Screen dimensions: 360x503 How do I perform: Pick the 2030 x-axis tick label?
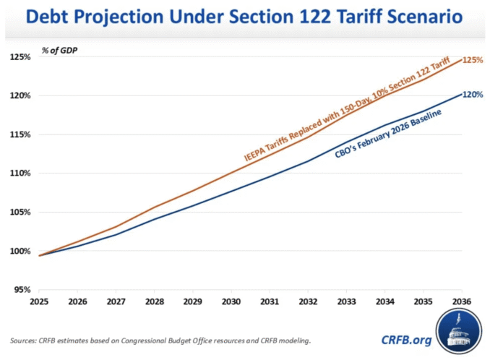[x=231, y=302]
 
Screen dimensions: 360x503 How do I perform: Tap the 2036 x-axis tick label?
[x=462, y=302]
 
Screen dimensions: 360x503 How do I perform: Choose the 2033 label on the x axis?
[x=346, y=302]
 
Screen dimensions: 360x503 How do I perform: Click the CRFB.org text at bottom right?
[x=410, y=340]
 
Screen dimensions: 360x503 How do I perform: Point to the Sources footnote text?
[x=160, y=340]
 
